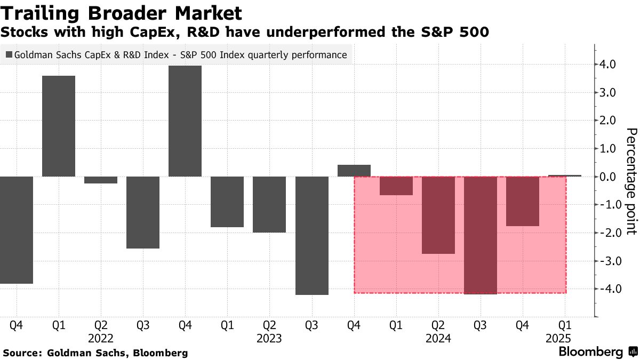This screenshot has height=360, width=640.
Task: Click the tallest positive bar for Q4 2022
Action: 185,121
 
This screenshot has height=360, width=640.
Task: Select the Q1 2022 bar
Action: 59,126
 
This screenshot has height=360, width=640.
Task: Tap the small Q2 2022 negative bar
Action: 101,180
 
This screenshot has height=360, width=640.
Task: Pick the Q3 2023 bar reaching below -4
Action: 311,235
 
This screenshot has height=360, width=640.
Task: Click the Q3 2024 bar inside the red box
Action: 480,235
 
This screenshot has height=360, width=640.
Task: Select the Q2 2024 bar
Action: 438,215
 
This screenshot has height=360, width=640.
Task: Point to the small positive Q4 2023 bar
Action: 354,171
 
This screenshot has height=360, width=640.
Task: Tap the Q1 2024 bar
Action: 396,186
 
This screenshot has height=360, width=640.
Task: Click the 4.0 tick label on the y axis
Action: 608,65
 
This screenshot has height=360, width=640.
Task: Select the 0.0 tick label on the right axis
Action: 608,177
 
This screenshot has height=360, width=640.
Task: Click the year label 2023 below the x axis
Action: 269,339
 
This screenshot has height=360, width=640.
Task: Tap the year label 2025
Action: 558,339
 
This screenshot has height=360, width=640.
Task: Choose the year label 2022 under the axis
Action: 101,339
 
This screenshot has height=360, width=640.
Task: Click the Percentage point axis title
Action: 631,181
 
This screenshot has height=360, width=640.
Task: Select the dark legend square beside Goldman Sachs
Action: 8,54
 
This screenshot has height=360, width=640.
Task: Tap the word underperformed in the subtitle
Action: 319,33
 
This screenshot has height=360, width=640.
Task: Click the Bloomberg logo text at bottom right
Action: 591,352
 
